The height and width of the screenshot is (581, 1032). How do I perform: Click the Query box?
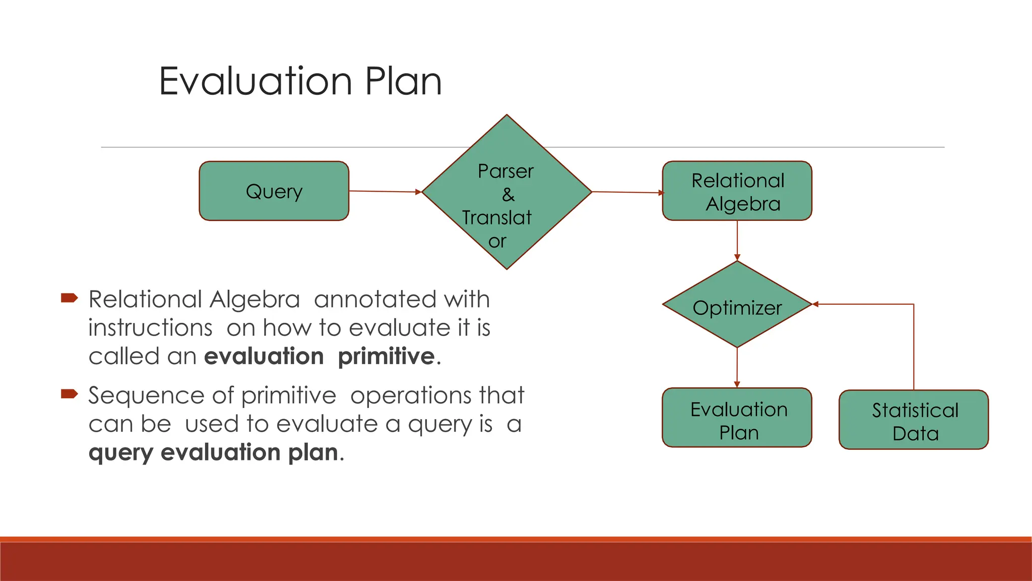click(274, 191)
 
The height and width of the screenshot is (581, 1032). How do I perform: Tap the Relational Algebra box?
click(737, 191)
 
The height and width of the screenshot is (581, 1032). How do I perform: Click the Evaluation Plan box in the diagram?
click(737, 418)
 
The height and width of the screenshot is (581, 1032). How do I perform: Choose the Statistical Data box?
click(913, 420)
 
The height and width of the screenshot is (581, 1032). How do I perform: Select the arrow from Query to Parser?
click(384, 192)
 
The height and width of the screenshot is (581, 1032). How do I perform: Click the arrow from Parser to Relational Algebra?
click(627, 192)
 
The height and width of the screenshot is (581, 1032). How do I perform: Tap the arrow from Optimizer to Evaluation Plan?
click(737, 367)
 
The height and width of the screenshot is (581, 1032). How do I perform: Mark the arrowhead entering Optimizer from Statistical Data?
click(816, 304)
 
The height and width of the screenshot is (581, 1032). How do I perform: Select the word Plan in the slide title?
click(403, 81)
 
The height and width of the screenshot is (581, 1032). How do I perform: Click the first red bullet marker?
click(69, 298)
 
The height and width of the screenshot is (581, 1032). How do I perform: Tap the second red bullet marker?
click(69, 393)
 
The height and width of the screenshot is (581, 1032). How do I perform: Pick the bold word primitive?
click(386, 357)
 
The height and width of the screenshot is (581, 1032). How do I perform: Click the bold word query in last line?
click(120, 452)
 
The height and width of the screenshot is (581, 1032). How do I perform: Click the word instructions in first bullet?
click(150, 328)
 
